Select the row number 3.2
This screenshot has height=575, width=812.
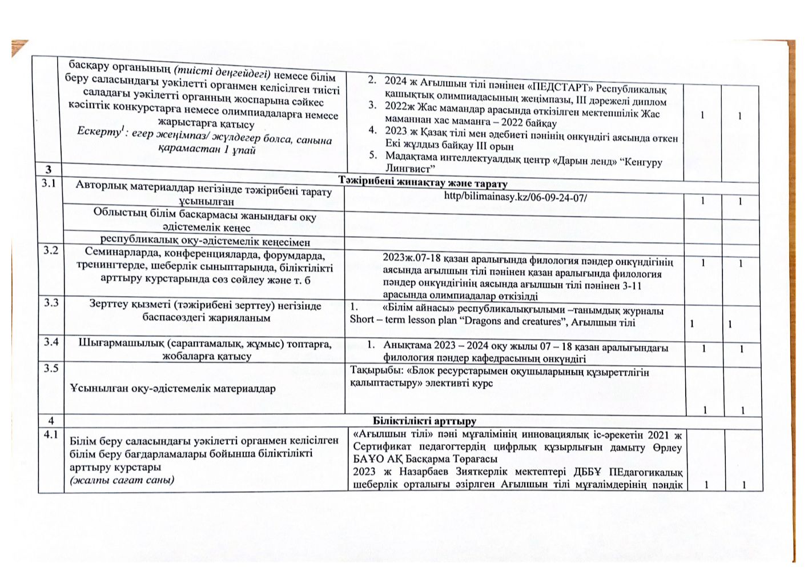(x=50, y=250)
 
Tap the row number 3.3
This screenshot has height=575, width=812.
(x=51, y=303)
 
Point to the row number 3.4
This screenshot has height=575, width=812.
(x=51, y=342)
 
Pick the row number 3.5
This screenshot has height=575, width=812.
(x=51, y=368)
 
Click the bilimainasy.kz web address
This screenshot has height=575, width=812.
(x=515, y=198)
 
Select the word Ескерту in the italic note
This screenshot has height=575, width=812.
(x=96, y=132)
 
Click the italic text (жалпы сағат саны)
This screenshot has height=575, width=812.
(x=122, y=479)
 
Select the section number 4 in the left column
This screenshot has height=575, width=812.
(x=50, y=421)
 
